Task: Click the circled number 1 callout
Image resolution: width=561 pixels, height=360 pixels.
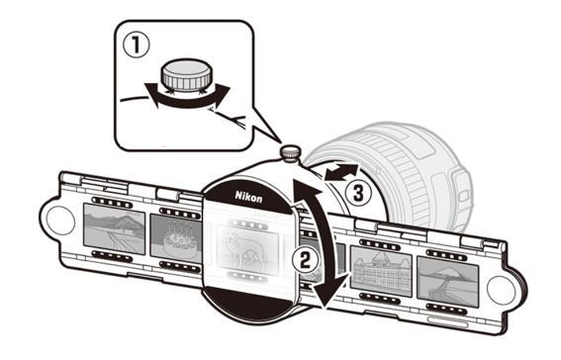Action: [137, 45]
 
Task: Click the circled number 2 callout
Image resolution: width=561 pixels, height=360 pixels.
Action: [305, 259]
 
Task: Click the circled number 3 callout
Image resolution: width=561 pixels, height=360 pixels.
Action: [358, 194]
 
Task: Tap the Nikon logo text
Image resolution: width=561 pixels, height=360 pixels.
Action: [248, 197]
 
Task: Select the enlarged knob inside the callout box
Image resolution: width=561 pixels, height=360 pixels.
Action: [186, 74]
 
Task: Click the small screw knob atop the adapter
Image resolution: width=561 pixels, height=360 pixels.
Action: [290, 153]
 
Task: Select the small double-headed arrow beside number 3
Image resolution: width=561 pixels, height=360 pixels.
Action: [341, 172]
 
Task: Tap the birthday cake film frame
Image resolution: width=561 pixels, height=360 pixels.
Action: [175, 236]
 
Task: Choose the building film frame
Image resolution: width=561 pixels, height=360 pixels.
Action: [381, 271]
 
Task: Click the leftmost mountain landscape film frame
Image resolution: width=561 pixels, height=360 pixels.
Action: [114, 228]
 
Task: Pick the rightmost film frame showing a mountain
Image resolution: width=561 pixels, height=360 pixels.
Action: [448, 282]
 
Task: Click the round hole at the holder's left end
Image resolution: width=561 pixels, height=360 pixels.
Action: [60, 221]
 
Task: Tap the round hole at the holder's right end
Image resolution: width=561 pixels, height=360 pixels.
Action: [501, 290]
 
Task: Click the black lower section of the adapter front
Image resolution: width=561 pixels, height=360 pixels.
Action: [247, 302]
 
